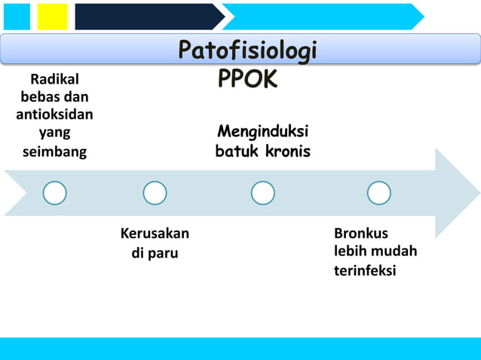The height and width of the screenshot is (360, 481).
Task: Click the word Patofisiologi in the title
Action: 247,51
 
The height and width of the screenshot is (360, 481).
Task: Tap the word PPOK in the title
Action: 247,78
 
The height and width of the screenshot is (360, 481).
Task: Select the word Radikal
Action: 54,80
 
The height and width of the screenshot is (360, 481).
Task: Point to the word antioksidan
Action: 54,115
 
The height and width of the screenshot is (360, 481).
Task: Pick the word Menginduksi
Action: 262,133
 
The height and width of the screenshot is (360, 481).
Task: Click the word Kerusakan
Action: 155,233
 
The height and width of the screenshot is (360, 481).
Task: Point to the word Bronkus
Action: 361,233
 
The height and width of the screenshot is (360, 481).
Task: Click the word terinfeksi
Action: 365,270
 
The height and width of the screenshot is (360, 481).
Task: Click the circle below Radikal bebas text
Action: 54,193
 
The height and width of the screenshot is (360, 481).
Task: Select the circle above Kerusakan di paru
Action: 155,193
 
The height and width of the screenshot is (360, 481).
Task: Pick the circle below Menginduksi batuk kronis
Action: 262,193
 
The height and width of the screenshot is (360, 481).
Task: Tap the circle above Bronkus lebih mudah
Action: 378,193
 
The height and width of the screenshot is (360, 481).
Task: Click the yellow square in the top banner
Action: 53,16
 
